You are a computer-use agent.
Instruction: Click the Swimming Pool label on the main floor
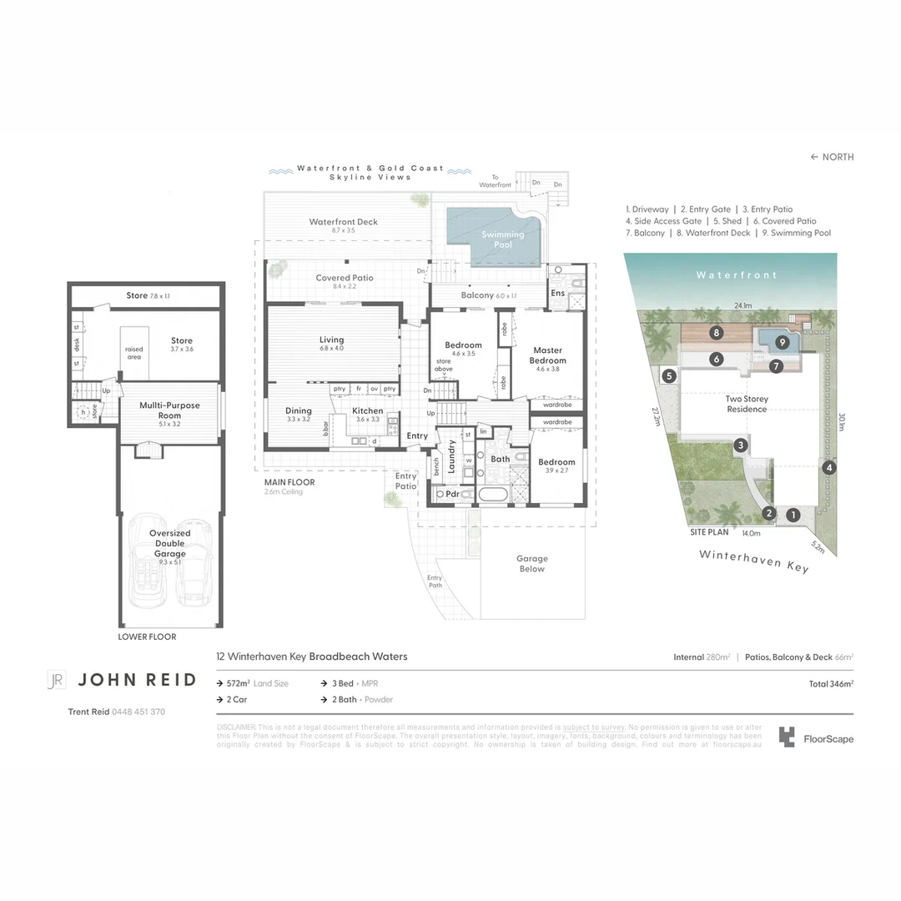(503, 240)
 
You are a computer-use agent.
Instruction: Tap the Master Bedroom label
(547, 355)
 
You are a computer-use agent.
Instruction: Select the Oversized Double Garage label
(170, 543)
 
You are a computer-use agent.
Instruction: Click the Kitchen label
(367, 410)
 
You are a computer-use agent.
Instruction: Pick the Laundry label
(451, 457)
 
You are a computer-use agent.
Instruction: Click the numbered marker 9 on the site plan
(782, 341)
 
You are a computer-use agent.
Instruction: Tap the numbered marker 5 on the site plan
(670, 376)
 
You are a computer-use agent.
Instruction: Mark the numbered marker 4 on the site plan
(828, 468)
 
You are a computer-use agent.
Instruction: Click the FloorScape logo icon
(787, 737)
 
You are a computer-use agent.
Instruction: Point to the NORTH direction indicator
(832, 157)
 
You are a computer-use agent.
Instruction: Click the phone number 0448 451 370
(138, 712)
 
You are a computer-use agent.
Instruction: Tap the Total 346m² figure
(831, 683)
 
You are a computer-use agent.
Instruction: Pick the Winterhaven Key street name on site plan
(753, 560)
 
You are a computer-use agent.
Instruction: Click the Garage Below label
(531, 564)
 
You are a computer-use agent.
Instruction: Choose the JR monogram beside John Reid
(56, 680)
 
